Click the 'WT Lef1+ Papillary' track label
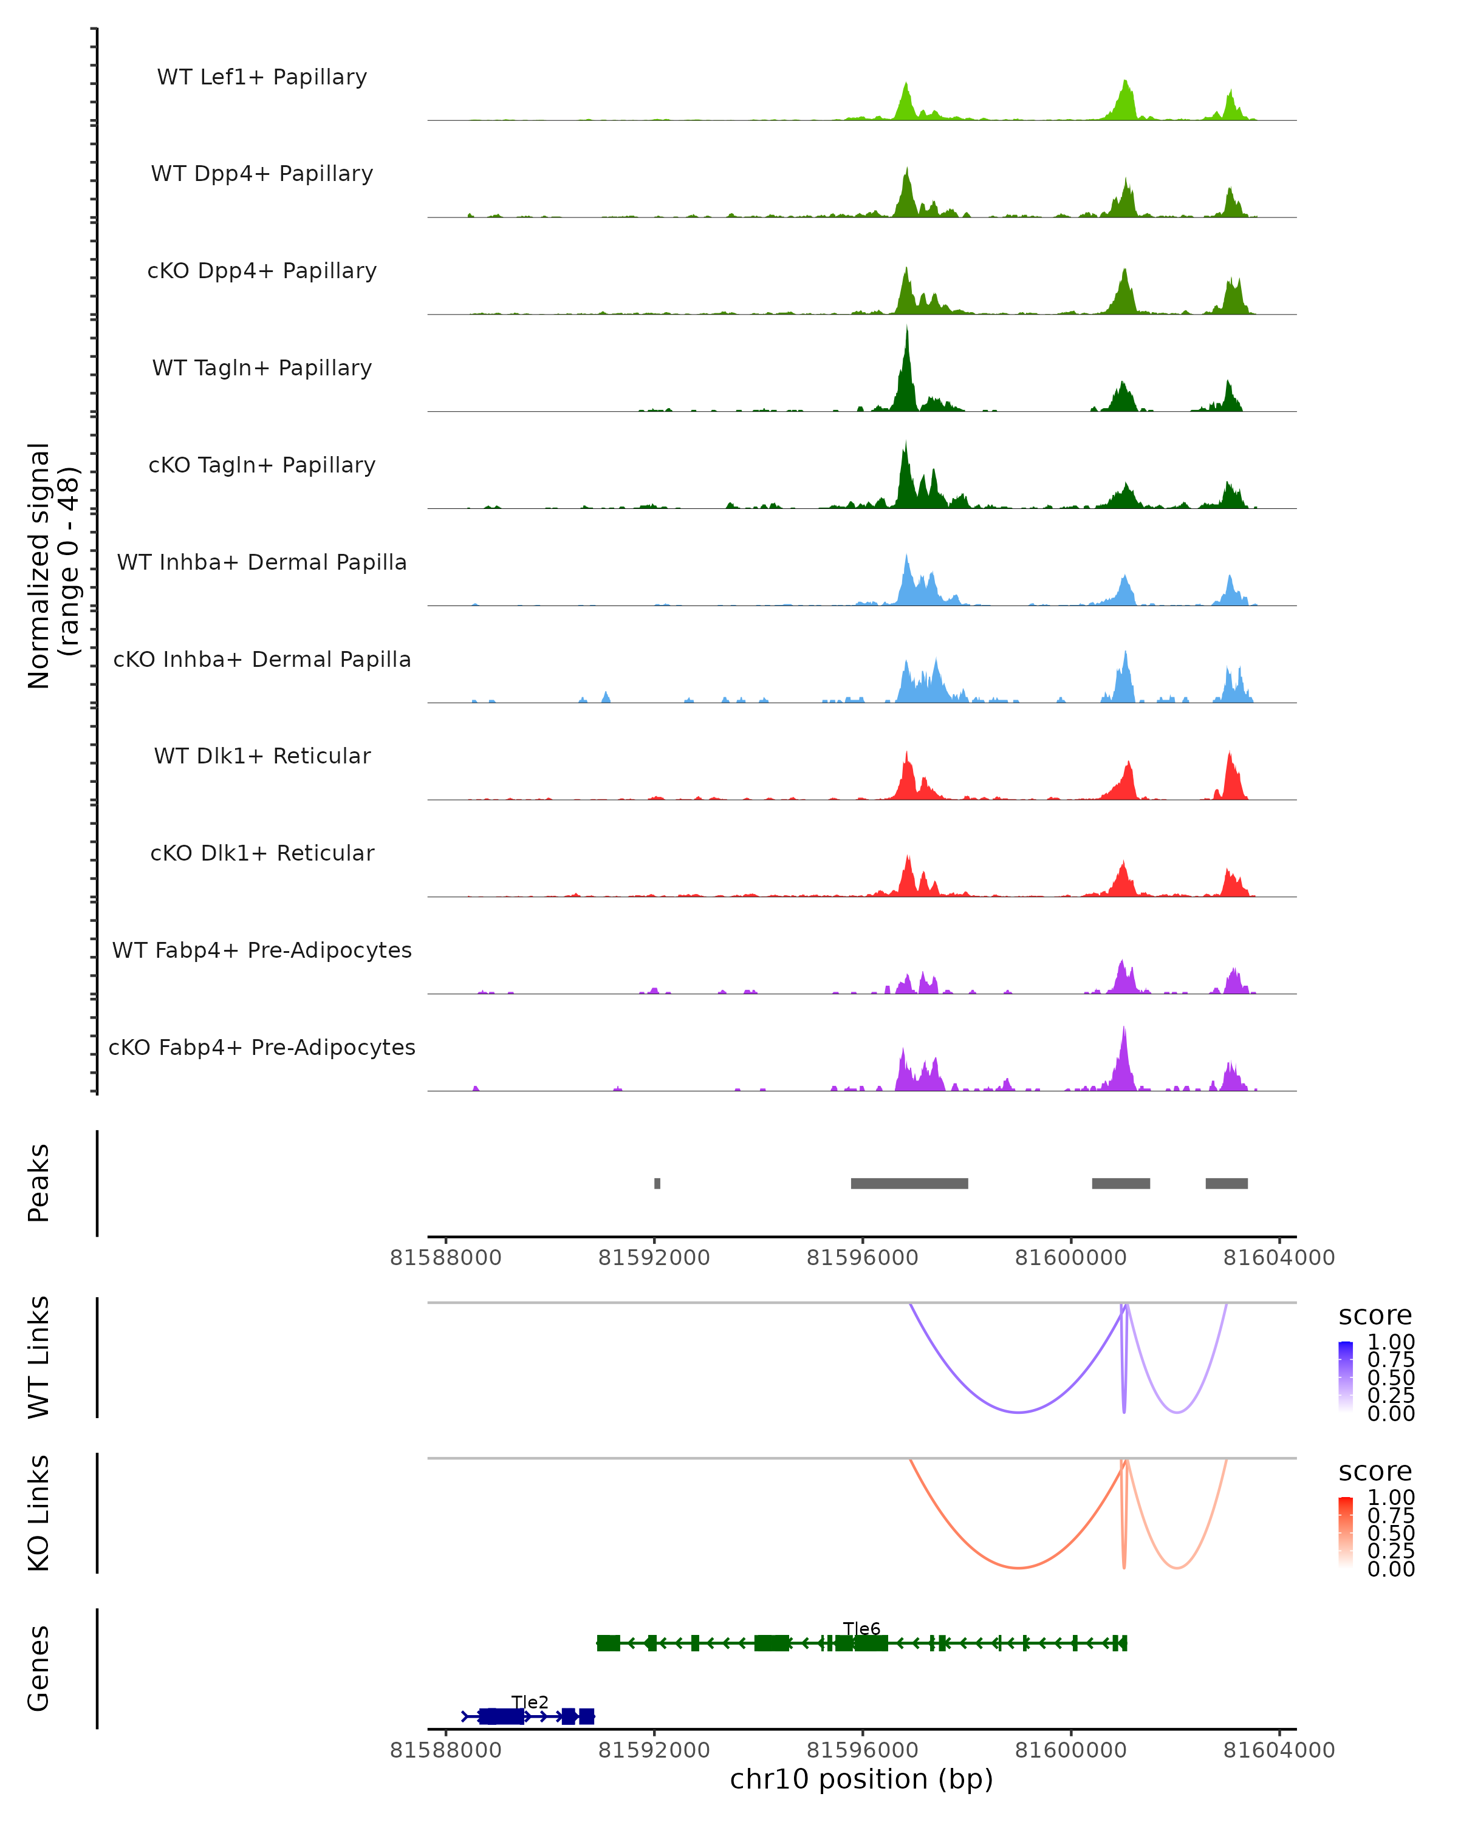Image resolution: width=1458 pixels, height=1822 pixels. pyautogui.click(x=262, y=77)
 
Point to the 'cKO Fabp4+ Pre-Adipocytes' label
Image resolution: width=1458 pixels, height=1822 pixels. pyautogui.click(x=262, y=1047)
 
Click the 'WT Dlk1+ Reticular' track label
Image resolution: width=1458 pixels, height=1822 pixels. pyautogui.click(x=262, y=756)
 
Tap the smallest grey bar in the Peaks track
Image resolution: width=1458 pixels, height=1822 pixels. pyautogui.click(x=657, y=1183)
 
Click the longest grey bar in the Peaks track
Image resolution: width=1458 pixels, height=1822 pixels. pyautogui.click(x=909, y=1183)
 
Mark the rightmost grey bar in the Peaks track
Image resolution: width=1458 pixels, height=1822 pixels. pyautogui.click(x=1227, y=1183)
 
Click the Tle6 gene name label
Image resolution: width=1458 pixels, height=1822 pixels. pyautogui.click(x=861, y=1628)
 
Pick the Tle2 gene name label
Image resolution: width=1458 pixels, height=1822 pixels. pyautogui.click(x=530, y=1702)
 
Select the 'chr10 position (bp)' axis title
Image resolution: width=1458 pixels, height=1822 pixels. pyautogui.click(x=861, y=1779)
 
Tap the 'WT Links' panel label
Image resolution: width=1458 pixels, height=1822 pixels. pyautogui.click(x=39, y=1357)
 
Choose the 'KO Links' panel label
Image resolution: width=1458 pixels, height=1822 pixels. pyautogui.click(x=39, y=1513)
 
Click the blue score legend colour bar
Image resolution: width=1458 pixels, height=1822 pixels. pyautogui.click(x=1346, y=1377)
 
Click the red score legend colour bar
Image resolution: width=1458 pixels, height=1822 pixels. pyautogui.click(x=1346, y=1532)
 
